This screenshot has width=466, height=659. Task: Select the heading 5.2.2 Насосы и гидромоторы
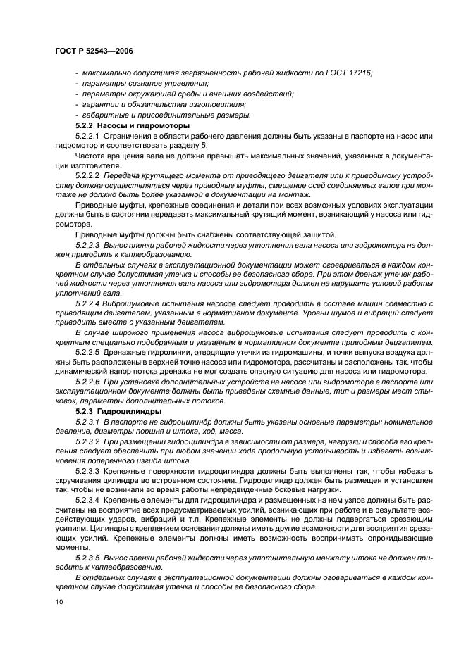click(133, 125)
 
